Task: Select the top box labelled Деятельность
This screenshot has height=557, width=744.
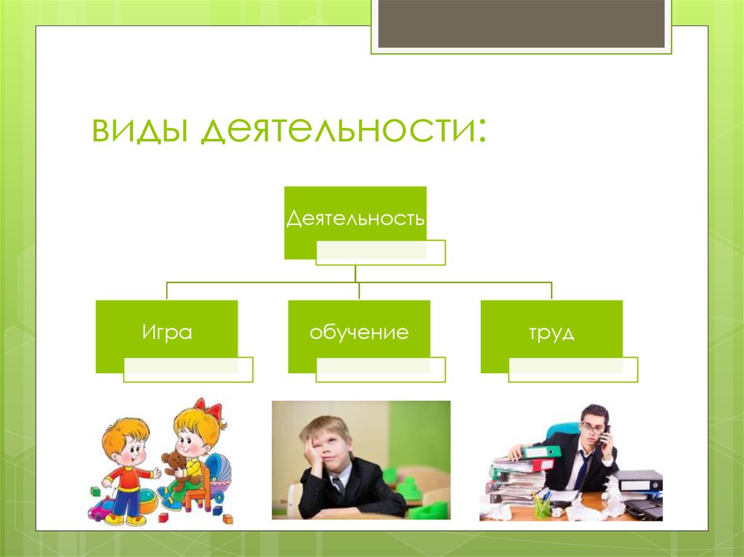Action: (355, 218)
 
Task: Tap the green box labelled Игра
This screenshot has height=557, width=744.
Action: (166, 333)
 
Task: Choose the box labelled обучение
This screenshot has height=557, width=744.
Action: (359, 333)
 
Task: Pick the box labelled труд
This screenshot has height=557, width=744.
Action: (551, 333)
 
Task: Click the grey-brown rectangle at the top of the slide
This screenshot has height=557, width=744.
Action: (521, 22)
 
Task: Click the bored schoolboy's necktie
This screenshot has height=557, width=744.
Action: (339, 486)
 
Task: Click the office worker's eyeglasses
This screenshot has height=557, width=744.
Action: (591, 427)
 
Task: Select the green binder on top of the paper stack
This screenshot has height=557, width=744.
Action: (541, 452)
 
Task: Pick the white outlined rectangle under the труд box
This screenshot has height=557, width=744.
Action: (573, 370)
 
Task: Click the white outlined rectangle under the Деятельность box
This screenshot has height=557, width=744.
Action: (380, 252)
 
